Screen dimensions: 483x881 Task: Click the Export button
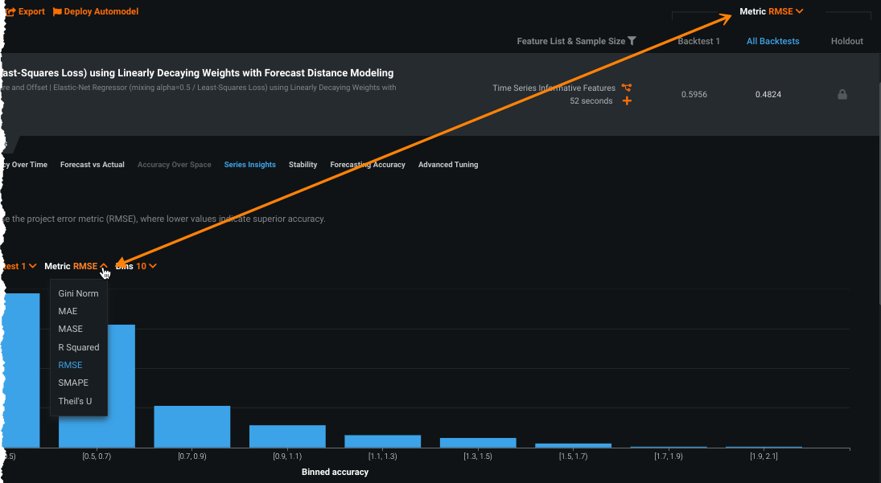click(26, 12)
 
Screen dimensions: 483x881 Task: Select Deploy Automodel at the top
click(96, 12)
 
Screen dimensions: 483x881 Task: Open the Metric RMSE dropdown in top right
click(772, 12)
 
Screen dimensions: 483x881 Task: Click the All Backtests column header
click(772, 41)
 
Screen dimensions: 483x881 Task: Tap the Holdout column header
click(846, 41)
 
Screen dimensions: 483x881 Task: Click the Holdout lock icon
click(842, 95)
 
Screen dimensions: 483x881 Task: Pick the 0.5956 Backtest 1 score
click(694, 95)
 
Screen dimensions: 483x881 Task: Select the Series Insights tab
click(250, 165)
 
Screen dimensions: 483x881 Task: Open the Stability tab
click(303, 165)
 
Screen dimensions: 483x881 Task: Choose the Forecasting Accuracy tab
click(368, 165)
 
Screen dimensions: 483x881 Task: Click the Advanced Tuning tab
click(448, 165)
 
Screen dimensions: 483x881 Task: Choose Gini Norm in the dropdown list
click(78, 293)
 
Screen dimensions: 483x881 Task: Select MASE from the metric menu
click(71, 329)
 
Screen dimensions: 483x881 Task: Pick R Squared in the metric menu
click(79, 347)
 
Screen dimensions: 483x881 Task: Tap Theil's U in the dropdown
click(75, 400)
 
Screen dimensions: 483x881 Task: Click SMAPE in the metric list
click(73, 383)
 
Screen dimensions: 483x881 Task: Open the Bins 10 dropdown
click(137, 266)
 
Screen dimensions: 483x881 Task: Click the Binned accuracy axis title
click(335, 472)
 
